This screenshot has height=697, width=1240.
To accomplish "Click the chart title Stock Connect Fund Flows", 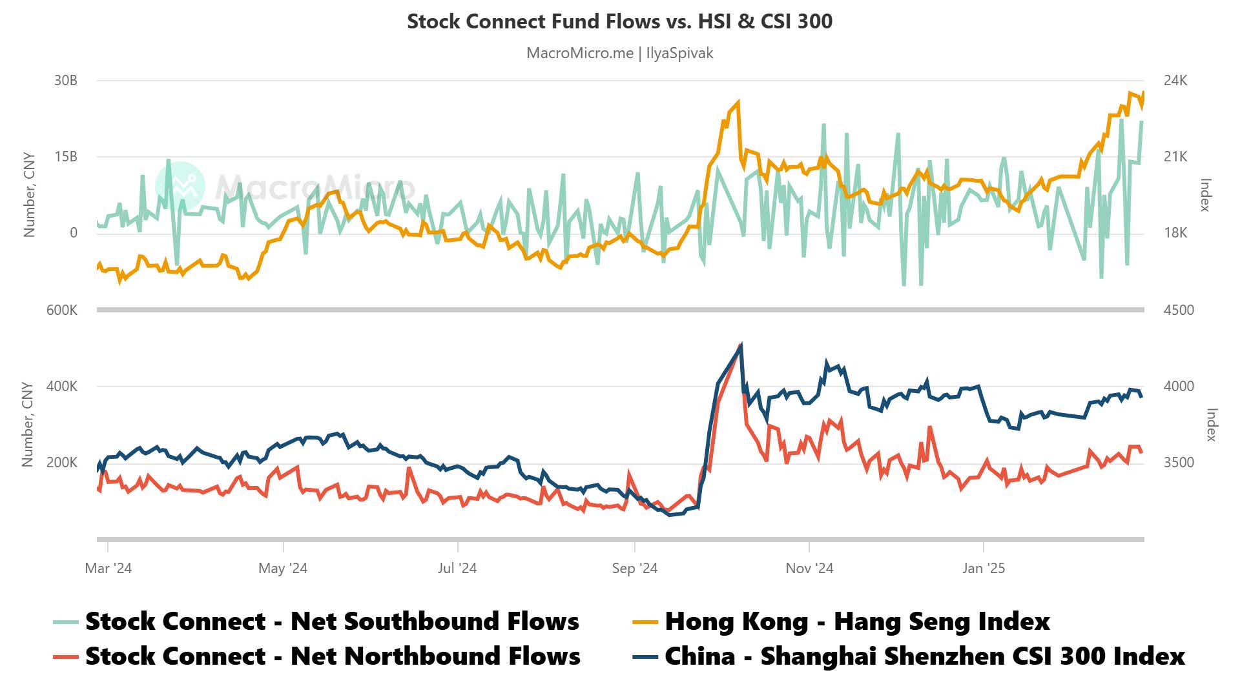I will click(x=619, y=21).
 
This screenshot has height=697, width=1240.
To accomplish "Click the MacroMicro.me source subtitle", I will click(x=619, y=53).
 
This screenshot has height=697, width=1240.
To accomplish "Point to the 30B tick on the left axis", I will click(x=65, y=81).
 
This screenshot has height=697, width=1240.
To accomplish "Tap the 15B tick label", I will click(x=65, y=157).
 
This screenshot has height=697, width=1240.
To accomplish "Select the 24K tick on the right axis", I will click(x=1175, y=81).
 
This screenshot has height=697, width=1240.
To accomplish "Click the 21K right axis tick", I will click(x=1175, y=157).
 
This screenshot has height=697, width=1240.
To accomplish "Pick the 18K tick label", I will click(x=1175, y=233).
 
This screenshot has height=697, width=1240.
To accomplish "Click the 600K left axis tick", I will click(x=61, y=310).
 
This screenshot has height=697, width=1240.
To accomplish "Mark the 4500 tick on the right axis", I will click(x=1179, y=310).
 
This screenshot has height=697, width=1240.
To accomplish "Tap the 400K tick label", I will click(x=61, y=387).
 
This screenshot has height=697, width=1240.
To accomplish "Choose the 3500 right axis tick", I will click(x=1179, y=463).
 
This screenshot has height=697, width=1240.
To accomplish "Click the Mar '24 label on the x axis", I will click(x=108, y=569).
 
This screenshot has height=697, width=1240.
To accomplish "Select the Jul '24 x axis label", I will click(x=457, y=569).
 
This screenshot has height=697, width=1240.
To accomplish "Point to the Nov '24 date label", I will click(x=809, y=569).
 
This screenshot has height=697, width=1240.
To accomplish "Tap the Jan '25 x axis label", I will click(x=983, y=569).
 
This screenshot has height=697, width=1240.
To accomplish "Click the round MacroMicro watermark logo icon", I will click(x=180, y=187).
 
